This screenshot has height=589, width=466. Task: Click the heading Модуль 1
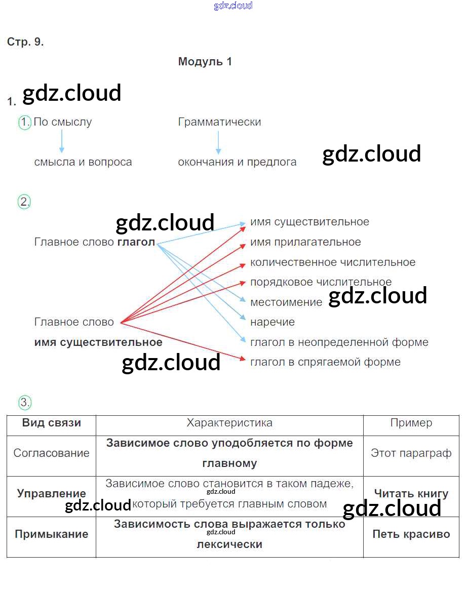pos(205,62)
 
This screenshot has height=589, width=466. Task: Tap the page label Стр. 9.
pos(25,42)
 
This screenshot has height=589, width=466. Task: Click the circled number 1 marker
pos(25,123)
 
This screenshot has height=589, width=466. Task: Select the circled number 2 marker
pos(25,202)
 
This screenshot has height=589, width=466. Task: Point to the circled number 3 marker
pos(25,403)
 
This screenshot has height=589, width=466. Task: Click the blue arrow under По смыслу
pos(62,141)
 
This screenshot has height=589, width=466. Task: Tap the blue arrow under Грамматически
pos(218,142)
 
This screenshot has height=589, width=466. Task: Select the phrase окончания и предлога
pos(237,163)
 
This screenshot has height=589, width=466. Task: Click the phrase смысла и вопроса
pos(83,163)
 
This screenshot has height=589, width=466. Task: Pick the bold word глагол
pos(136,242)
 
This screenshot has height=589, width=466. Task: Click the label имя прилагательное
pos(305,242)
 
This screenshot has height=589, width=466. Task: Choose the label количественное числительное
pos(333,262)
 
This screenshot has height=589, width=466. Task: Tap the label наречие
pos(273,322)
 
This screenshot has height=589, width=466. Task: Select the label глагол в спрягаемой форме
pos(325,362)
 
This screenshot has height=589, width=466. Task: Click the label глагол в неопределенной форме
pos(339,342)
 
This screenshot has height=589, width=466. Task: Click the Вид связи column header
pos(52,423)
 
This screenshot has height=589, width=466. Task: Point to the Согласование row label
pos(51,453)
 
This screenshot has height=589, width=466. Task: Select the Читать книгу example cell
pos(411,493)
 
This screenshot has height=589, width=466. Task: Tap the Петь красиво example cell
pos(411,534)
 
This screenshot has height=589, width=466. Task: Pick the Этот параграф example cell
pos(411,453)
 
